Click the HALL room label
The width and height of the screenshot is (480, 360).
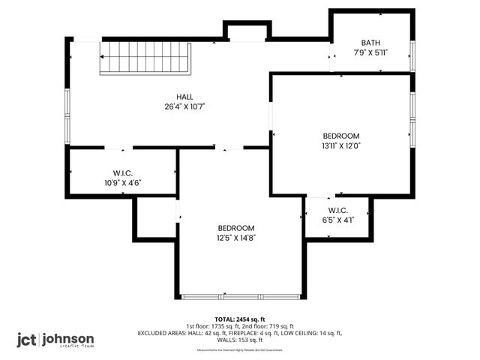click(x=184, y=97)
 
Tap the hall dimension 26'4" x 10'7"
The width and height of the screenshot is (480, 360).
click(x=184, y=106)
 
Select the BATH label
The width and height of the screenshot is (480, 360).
click(x=371, y=43)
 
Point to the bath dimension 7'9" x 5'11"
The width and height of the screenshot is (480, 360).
click(x=371, y=53)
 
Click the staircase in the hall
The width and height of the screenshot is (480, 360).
click(x=146, y=58)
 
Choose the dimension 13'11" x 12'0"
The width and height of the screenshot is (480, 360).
click(x=341, y=145)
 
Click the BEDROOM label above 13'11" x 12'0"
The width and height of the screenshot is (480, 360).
click(x=341, y=136)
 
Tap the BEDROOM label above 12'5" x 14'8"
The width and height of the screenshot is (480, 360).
click(x=236, y=228)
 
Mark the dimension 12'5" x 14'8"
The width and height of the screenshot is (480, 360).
click(x=236, y=238)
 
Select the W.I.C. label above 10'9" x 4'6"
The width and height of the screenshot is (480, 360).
click(x=123, y=173)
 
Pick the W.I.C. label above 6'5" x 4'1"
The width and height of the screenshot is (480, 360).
click(x=337, y=210)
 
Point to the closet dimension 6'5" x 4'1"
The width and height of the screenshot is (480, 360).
click(x=337, y=220)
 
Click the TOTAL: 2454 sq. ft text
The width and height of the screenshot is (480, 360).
click(x=240, y=319)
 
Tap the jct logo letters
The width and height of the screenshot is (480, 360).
click(x=27, y=339)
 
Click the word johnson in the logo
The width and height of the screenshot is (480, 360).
click(x=68, y=338)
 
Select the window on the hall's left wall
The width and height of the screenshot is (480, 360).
click(x=67, y=116)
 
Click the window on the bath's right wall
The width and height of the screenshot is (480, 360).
click(x=412, y=56)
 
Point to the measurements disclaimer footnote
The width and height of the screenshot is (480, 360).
click(x=240, y=349)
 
